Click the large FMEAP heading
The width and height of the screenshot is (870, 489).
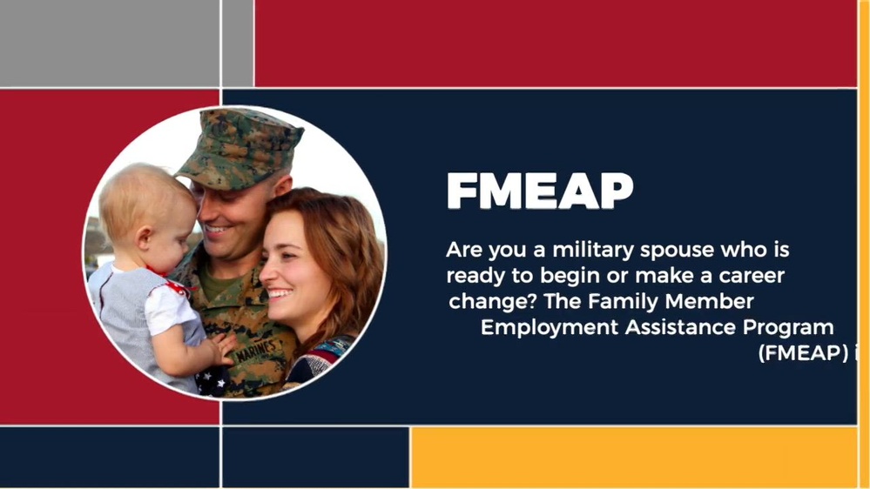click(x=539, y=191)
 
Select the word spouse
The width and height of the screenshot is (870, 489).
click(x=689, y=251)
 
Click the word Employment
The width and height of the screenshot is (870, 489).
click(x=548, y=328)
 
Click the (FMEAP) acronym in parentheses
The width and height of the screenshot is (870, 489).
click(x=799, y=354)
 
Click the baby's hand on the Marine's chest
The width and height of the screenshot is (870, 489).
click(x=221, y=347)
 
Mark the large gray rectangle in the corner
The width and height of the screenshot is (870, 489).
click(x=109, y=44)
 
